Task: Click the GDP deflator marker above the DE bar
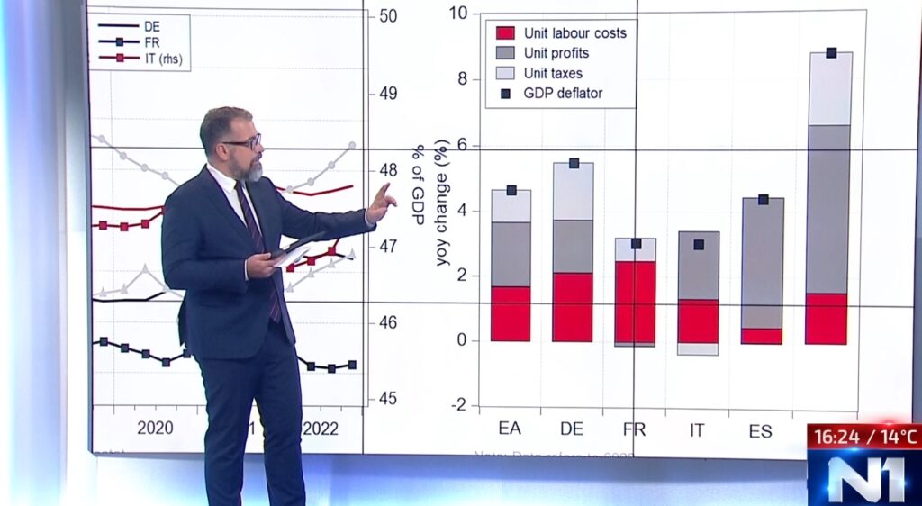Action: point(574,163)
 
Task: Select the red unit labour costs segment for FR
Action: point(636,301)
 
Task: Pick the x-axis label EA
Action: point(510,429)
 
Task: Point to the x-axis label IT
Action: point(697,429)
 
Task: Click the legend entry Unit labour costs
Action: point(562,33)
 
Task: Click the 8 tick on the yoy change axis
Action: point(461,79)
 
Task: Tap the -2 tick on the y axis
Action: point(458,406)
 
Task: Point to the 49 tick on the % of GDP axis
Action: point(388,94)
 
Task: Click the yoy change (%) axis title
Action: point(442,203)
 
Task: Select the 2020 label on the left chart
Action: point(155,428)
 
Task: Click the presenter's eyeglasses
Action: point(242,142)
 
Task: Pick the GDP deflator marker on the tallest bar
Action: point(831,52)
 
